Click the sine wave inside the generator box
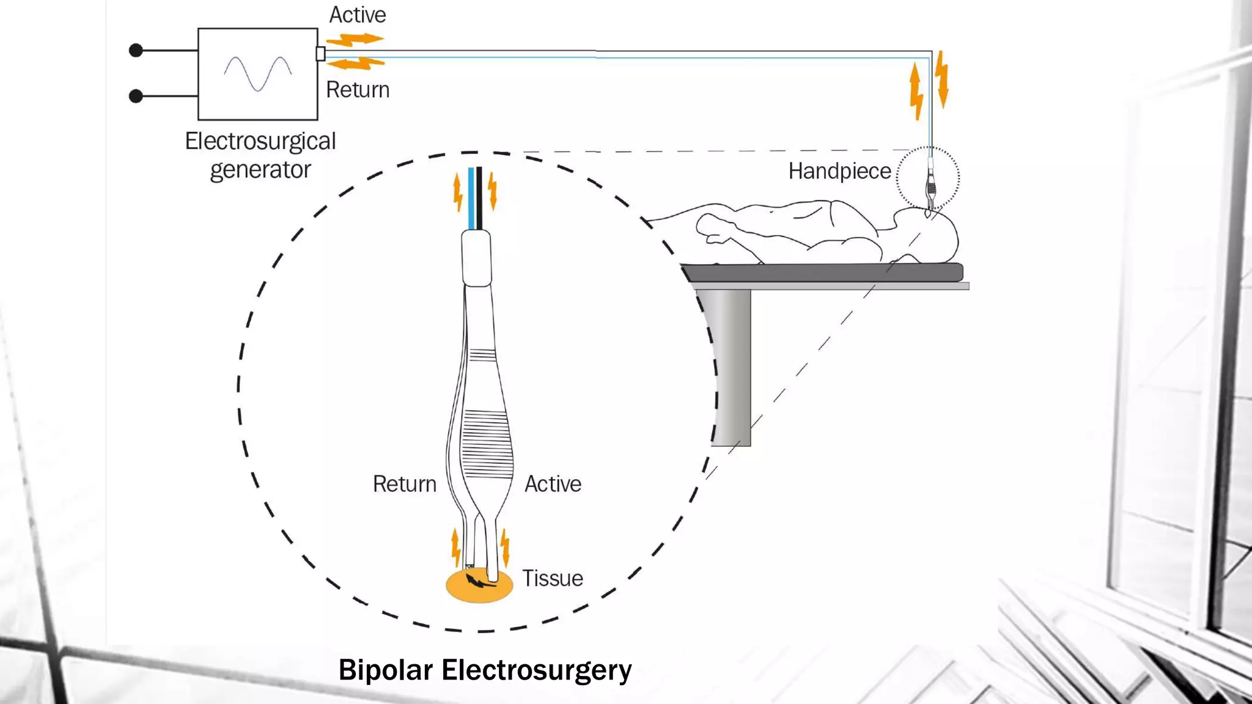tap(257, 73)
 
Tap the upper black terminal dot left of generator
tap(136, 50)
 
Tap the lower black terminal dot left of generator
tap(136, 96)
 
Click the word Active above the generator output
tap(358, 15)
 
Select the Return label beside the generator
tap(358, 90)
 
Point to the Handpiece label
tap(839, 171)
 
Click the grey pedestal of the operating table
tap(727, 367)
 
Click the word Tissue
tap(552, 578)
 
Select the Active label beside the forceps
tap(553, 484)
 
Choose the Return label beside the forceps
tap(405, 484)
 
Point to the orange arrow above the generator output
tap(355, 40)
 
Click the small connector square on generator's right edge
tap(320, 54)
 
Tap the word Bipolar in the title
tap(386, 670)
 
